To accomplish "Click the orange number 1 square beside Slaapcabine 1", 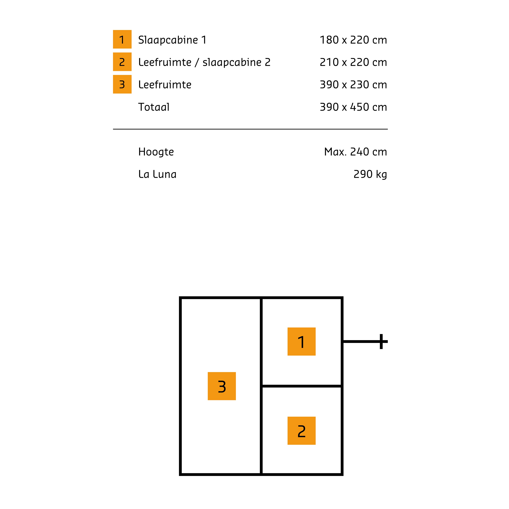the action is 122,39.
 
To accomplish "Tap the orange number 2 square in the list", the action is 122,62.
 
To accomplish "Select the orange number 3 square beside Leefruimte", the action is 122,84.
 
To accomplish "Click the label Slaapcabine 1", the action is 172,40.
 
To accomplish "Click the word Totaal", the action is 154,107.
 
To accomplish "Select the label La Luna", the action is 157,174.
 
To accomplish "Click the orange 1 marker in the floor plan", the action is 301,341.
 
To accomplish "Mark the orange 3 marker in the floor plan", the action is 222,386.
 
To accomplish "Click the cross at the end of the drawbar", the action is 381,341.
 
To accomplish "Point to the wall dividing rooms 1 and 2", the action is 301,386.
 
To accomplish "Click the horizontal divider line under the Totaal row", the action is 250,129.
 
